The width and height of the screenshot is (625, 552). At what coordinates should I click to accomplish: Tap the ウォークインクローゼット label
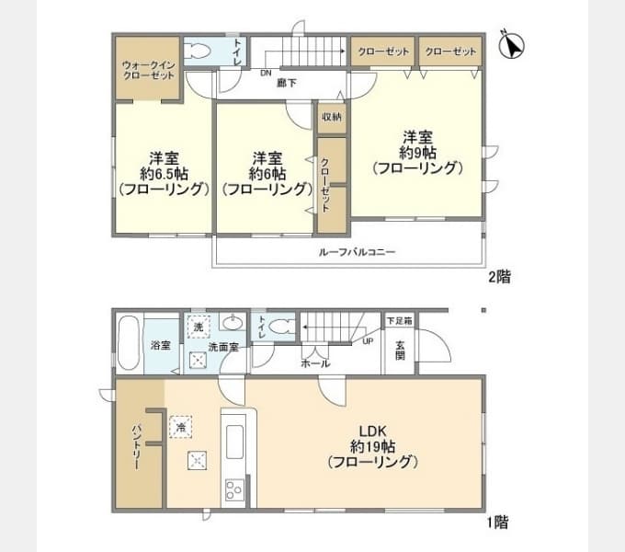(148, 70)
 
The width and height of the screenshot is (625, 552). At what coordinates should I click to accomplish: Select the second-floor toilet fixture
(200, 52)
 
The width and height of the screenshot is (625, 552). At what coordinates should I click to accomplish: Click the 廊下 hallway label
(287, 83)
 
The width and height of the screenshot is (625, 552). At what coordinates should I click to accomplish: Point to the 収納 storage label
(331, 117)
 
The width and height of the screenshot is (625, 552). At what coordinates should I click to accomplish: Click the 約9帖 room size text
(415, 153)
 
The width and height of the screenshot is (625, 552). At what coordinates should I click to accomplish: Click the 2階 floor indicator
(498, 277)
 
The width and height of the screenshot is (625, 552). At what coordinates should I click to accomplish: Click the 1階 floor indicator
(497, 522)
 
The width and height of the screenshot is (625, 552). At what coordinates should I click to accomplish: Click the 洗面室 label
(222, 348)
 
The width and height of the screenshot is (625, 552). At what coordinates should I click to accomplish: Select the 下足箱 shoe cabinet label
(399, 320)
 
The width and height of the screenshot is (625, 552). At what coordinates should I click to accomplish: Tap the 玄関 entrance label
(400, 351)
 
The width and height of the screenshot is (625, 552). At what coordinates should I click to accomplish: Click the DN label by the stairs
(266, 72)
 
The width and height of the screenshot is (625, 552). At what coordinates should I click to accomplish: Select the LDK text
(372, 430)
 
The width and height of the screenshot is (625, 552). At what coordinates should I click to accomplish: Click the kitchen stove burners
(233, 489)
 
